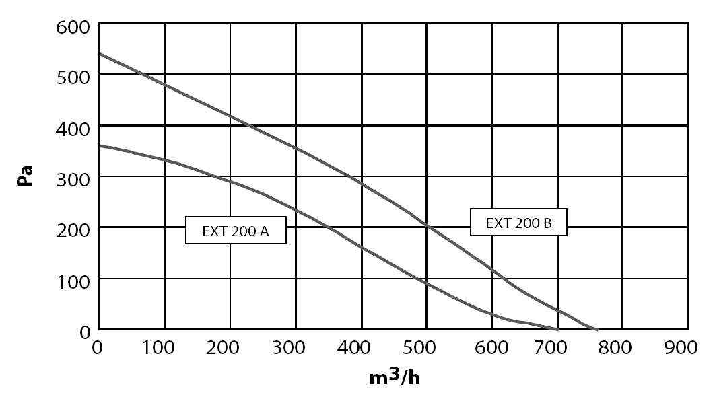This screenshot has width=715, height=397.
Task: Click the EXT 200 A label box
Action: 236,230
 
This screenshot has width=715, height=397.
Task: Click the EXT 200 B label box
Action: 518,222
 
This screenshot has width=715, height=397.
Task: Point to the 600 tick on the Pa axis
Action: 73,27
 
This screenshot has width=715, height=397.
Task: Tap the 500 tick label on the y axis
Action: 73,77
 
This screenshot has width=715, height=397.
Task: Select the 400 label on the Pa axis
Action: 73,129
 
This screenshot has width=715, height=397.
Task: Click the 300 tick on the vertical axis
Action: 73,180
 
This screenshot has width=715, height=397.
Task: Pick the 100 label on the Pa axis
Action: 73,282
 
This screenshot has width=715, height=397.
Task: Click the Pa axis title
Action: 25,176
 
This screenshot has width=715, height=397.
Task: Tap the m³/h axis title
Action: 395,377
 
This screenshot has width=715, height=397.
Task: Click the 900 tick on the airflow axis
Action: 681,348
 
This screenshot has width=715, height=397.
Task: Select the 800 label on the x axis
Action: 615,348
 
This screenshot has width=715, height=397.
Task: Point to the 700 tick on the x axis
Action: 550,348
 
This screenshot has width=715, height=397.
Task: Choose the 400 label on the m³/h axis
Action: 353,348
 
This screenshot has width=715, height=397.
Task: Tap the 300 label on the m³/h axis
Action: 288,348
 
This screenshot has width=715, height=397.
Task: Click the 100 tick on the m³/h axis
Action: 158,348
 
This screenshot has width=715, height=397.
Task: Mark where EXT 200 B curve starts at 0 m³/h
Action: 100,54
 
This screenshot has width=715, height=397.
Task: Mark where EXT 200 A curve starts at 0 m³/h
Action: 100,146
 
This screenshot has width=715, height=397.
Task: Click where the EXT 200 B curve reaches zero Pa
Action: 597,329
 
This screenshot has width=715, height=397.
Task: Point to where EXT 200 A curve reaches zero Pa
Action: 557,329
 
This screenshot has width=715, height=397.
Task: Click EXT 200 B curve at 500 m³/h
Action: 427,225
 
